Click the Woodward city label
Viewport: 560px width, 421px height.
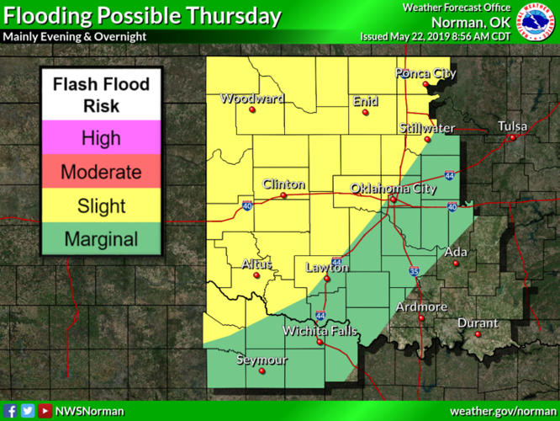[251, 99]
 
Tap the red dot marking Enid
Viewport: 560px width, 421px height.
[363, 110]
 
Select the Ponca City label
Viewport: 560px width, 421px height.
[425, 74]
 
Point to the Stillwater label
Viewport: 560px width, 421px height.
[427, 128]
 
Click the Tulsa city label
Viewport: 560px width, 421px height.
[512, 126]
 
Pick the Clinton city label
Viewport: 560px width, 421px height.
[283, 184]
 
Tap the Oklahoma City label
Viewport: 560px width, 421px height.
[394, 189]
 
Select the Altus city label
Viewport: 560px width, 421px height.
[256, 264]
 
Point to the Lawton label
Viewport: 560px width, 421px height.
[326, 268]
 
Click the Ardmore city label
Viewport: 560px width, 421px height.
[421, 306]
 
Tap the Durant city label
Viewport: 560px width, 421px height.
[478, 323]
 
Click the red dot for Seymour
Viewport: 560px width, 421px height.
[262, 370]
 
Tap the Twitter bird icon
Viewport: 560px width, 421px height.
[28, 411]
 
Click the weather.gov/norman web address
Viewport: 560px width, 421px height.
[503, 411]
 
